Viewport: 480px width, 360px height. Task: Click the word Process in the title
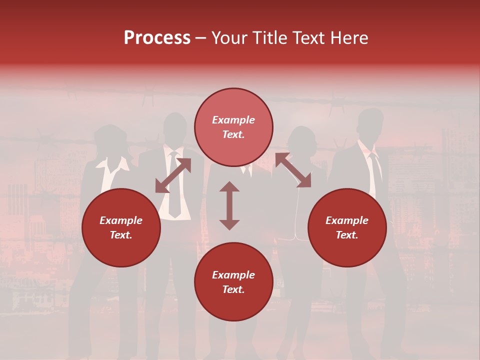pos(157,38)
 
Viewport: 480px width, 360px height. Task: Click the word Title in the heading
pos(270,38)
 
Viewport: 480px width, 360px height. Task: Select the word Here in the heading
pos(349,38)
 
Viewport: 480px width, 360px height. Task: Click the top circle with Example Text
pos(233,127)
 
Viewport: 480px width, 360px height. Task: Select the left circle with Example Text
pos(121,227)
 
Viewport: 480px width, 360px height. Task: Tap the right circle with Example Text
pos(347,227)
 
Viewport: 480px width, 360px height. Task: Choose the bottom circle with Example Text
pos(233,281)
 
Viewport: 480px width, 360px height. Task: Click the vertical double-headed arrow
pos(229,205)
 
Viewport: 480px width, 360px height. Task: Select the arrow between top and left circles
pos(173,175)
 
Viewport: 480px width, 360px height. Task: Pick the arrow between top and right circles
pos(293,170)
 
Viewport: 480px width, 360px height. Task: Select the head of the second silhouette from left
pos(175,129)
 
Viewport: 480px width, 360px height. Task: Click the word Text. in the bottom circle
pos(233,289)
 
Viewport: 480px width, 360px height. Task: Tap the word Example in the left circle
pos(121,220)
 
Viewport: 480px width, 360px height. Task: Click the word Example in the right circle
pos(347,220)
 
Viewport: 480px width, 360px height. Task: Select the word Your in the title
pos(228,38)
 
